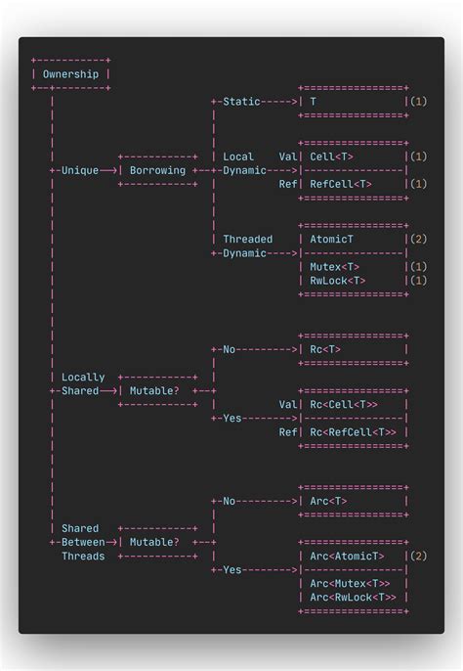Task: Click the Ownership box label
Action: click(x=70, y=74)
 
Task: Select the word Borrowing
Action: click(x=157, y=170)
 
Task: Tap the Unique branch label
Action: click(x=79, y=170)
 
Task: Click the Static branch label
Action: click(x=241, y=102)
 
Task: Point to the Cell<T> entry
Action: click(x=332, y=157)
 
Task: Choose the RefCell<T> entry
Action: click(x=341, y=184)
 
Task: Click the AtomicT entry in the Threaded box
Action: click(x=332, y=239)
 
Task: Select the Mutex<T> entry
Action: click(x=335, y=266)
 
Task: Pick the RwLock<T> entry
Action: click(x=338, y=281)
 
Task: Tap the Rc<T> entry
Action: click(x=325, y=349)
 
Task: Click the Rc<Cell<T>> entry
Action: click(x=344, y=404)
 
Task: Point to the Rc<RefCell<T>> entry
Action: click(x=353, y=432)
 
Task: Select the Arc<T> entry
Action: click(x=328, y=501)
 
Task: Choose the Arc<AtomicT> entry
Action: click(x=347, y=557)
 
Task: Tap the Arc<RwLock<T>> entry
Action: click(x=353, y=598)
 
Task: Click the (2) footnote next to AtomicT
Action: click(x=418, y=239)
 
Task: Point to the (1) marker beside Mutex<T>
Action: click(x=418, y=266)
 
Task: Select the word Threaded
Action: click(x=248, y=239)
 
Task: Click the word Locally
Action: click(x=83, y=378)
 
